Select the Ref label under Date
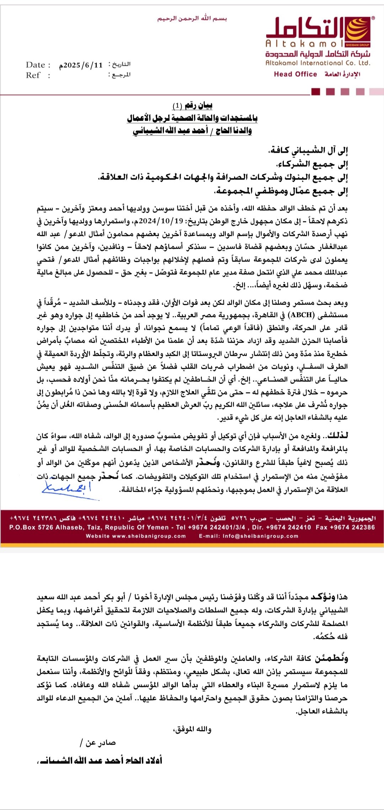point(33,75)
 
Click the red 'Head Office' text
point(295,74)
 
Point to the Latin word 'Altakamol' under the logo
point(304,44)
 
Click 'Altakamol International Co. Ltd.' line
point(318,63)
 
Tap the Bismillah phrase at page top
point(192,18)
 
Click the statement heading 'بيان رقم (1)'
point(192,106)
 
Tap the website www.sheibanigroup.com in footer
point(149,536)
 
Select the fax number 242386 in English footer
point(361,527)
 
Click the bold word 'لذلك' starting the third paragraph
point(338,436)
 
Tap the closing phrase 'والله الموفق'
point(192,730)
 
